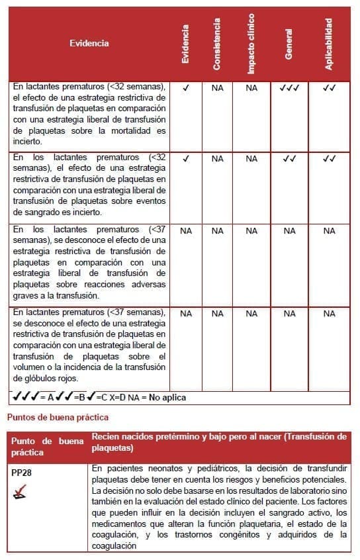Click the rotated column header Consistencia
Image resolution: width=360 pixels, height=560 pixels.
coord(218,44)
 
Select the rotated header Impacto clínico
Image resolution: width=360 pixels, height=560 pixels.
coord(251,44)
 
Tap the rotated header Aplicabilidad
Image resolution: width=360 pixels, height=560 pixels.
coord(329,44)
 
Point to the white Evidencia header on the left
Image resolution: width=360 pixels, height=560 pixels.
coord(89,44)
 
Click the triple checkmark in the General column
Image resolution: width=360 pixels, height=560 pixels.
coord(289,87)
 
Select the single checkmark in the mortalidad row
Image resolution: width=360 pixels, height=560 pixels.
coord(186,87)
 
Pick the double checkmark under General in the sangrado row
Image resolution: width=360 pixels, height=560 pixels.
coord(289,159)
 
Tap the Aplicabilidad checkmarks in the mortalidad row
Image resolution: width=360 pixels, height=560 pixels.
coord(329,87)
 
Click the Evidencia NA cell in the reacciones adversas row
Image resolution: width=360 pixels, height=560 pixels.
coord(186,231)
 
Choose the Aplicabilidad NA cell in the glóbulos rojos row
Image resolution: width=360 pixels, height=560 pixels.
coord(329,314)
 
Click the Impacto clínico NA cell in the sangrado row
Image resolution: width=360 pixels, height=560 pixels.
coord(251,159)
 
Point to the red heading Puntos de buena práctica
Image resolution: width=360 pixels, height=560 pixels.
coord(58,418)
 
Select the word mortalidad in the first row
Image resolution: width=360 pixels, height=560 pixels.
coord(132,130)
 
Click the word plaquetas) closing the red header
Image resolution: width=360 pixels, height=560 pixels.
coord(112,449)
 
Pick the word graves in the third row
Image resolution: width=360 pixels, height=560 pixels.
coord(24,295)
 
